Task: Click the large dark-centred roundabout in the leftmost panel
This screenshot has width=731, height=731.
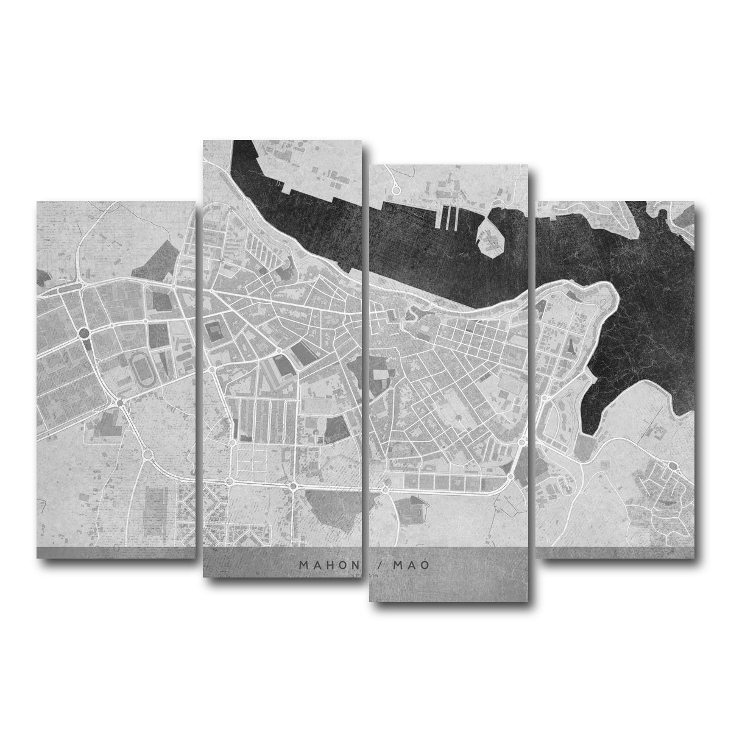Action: (x=83, y=333)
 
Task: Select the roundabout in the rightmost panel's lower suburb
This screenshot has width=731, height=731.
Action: (x=673, y=467)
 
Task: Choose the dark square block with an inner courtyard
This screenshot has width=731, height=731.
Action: (x=215, y=334)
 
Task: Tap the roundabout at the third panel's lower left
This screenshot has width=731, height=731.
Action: (x=386, y=489)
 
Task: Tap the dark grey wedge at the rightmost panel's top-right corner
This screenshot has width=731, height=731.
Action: (x=686, y=214)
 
